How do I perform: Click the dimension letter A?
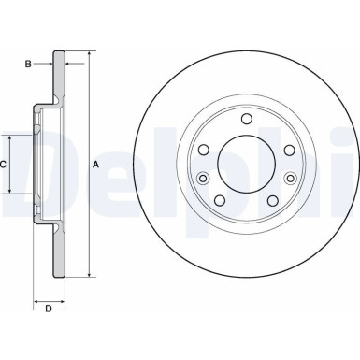(x=96, y=165)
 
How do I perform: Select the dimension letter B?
(x=29, y=64)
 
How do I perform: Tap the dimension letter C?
(x=3, y=165)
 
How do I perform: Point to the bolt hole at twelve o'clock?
(x=246, y=119)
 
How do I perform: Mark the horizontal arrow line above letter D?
(x=48, y=293)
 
